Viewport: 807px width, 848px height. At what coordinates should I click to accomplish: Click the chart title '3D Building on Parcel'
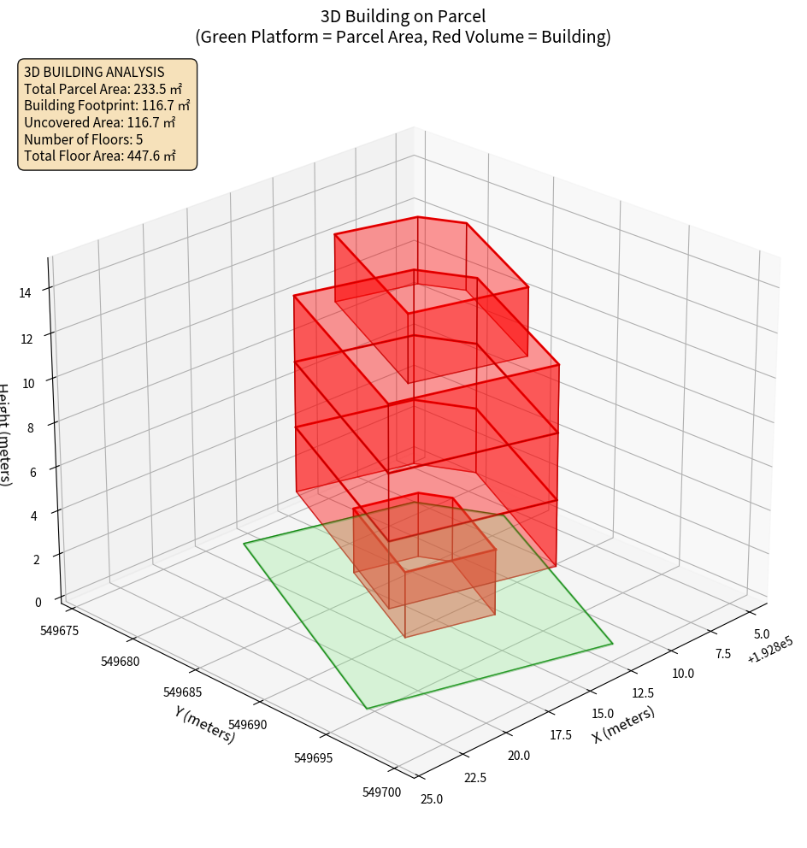click(403, 16)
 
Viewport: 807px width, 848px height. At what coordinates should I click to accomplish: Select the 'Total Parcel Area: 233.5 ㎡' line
click(103, 89)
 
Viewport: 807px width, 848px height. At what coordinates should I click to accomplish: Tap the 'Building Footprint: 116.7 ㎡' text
click(107, 105)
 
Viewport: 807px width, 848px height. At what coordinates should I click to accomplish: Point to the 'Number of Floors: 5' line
click(83, 139)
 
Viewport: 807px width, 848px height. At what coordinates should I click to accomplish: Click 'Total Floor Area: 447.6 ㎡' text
click(100, 156)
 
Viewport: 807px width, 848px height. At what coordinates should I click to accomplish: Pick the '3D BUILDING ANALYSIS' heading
click(94, 73)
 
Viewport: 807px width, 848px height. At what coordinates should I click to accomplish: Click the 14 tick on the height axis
click(25, 293)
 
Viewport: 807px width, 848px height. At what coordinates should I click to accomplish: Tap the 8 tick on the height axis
click(31, 427)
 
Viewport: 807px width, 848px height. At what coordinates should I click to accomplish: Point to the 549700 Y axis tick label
click(381, 792)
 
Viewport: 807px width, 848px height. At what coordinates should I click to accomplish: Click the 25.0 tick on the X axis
click(432, 799)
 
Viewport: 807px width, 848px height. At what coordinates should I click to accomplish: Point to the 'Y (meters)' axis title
click(204, 723)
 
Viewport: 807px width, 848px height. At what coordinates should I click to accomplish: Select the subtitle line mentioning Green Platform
click(403, 37)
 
